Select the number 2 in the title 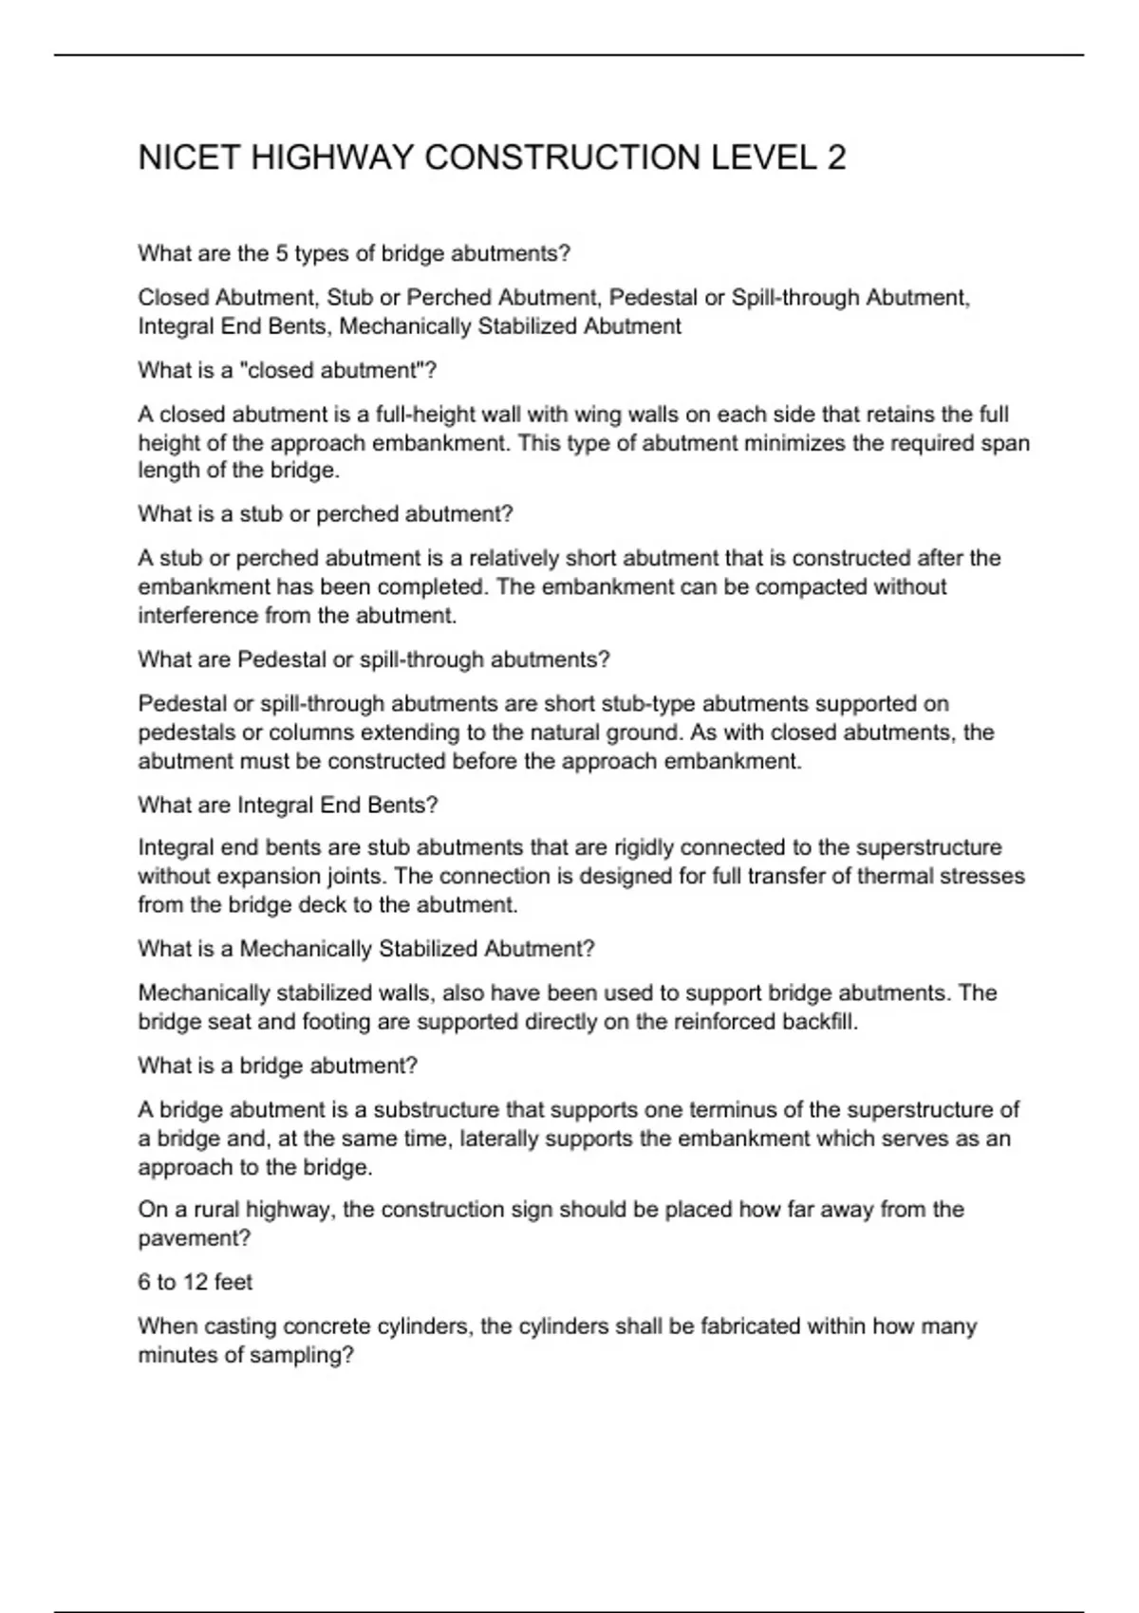coord(836,158)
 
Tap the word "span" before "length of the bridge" coord(1007,443)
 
